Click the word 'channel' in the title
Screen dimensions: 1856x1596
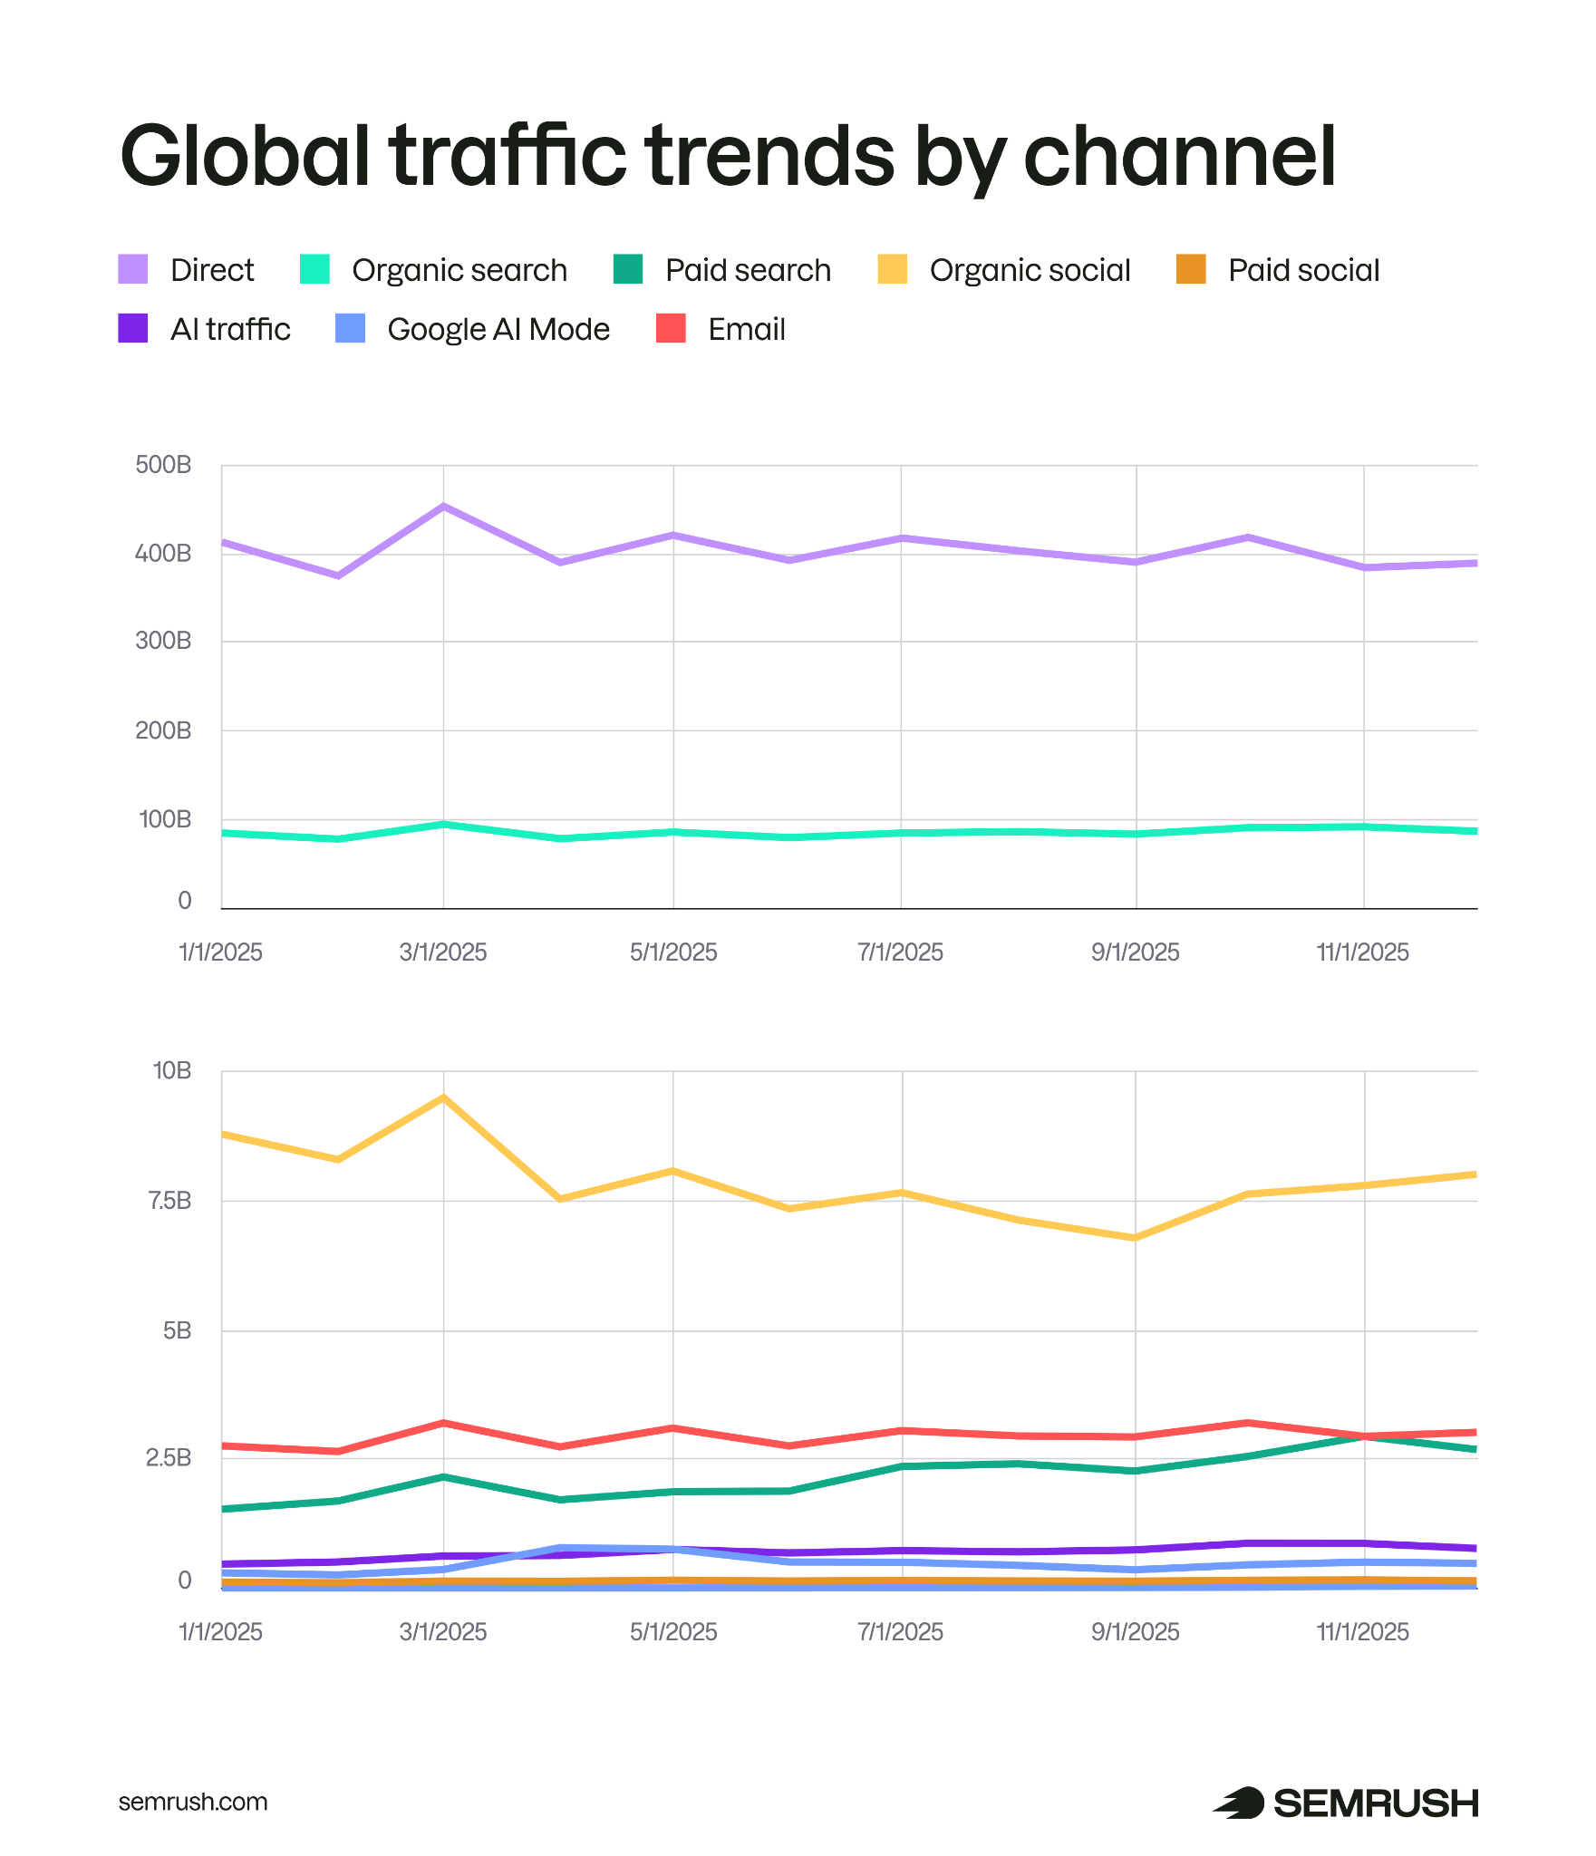click(1179, 156)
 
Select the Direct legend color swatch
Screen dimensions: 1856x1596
click(133, 269)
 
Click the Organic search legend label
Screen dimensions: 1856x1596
click(459, 270)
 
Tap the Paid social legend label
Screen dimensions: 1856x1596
click(1303, 270)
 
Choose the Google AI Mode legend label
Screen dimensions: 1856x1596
click(498, 329)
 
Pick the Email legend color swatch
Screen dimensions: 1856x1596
click(671, 328)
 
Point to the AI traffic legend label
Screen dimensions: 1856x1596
click(230, 329)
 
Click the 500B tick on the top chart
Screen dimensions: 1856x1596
click(163, 465)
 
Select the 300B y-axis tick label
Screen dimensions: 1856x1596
click(163, 641)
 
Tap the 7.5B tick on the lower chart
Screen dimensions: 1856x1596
click(169, 1201)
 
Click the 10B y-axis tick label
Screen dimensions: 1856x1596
click(172, 1070)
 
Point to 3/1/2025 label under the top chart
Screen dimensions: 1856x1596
click(443, 952)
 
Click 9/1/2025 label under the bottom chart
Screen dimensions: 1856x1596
click(1135, 1632)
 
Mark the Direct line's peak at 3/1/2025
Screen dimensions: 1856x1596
click(443, 506)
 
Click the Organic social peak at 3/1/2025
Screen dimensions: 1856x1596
click(443, 1097)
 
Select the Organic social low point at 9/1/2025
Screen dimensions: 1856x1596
click(1135, 1238)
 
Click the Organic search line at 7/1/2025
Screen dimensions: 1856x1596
click(901, 833)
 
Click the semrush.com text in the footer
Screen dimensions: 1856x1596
click(193, 1802)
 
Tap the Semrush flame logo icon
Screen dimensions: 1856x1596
click(1239, 1803)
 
